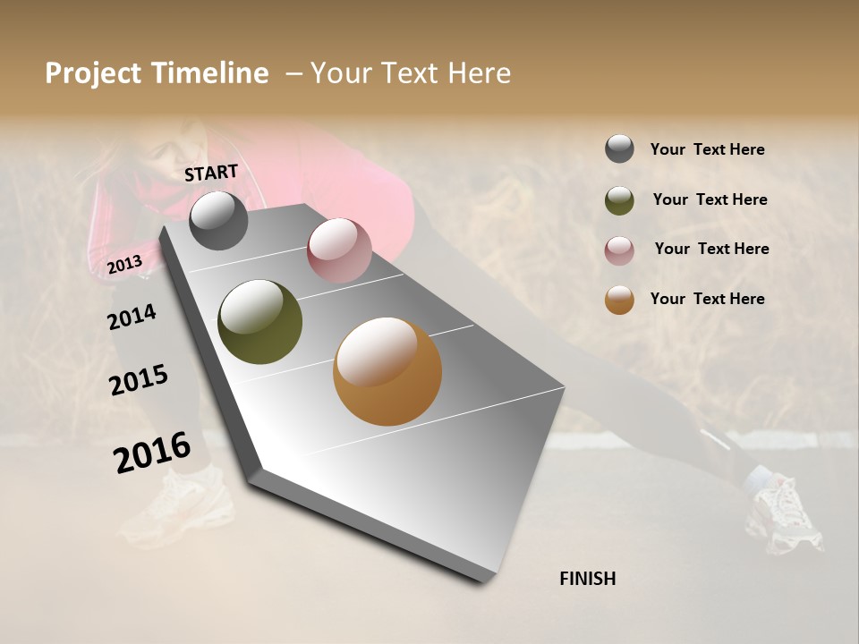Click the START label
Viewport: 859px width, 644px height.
coord(211,173)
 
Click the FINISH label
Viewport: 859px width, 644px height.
coord(587,579)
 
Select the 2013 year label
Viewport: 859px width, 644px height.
coord(124,264)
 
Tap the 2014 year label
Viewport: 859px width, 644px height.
coord(132,317)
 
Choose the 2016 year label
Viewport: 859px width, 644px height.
coord(152,452)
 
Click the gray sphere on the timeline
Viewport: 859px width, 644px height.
coord(219,220)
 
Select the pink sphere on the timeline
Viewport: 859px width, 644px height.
coord(339,250)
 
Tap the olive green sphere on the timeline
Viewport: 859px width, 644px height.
coord(260,322)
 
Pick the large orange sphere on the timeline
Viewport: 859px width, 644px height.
coord(387,371)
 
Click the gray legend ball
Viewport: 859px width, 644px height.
coord(619,148)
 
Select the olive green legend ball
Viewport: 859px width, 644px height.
coord(619,200)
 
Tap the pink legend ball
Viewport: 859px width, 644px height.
coord(619,250)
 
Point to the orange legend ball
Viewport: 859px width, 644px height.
coord(619,300)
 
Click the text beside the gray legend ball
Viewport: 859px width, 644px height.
coord(707,149)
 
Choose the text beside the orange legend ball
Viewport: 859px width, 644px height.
coord(707,299)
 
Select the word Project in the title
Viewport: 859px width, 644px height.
coord(91,73)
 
